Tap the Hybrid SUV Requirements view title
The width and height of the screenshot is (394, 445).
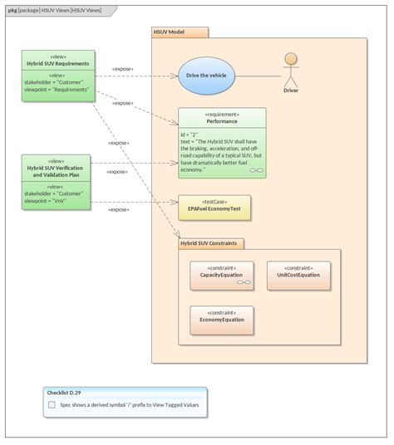click(x=57, y=63)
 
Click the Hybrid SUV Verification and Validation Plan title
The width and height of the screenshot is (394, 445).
click(x=57, y=171)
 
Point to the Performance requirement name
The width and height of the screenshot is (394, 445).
click(x=222, y=121)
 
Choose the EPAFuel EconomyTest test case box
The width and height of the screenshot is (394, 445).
click(x=214, y=207)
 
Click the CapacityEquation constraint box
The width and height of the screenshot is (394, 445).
click(x=221, y=275)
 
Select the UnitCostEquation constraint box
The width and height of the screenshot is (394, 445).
click(x=298, y=275)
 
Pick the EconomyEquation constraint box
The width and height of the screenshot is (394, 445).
click(x=221, y=320)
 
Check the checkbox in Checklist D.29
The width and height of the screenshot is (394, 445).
click(x=52, y=405)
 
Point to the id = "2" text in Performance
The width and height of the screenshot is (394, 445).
click(x=190, y=133)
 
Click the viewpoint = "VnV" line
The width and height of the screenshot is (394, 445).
click(x=47, y=201)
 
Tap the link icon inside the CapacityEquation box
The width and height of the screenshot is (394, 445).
click(x=244, y=283)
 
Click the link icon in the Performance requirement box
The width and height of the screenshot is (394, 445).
click(x=257, y=170)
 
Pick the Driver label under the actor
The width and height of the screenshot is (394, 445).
click(x=290, y=90)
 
